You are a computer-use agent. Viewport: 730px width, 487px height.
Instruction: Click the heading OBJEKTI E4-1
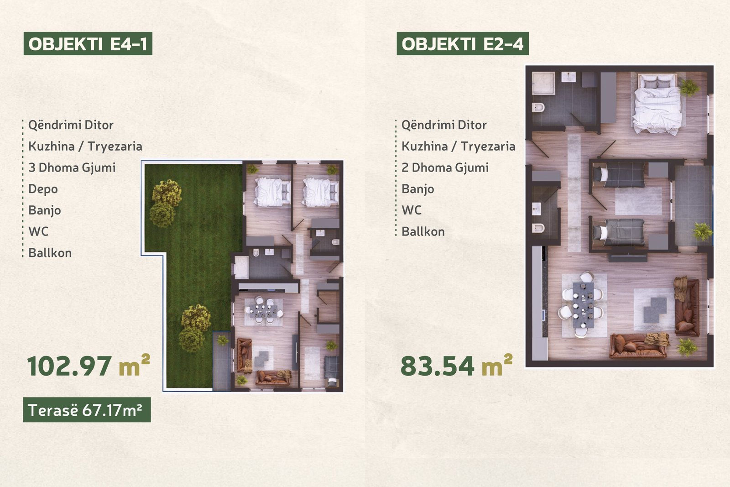tap(88, 43)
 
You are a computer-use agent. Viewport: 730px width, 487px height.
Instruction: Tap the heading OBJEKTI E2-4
tap(463, 43)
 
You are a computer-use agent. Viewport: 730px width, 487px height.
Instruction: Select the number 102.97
tap(69, 367)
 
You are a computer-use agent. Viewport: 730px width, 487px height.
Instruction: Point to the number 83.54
tap(438, 367)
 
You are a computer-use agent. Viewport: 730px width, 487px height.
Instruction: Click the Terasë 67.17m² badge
tap(87, 410)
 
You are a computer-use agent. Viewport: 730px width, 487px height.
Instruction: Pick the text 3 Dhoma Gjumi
tap(72, 168)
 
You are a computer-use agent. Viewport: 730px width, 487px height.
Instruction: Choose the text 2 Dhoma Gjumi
tap(445, 168)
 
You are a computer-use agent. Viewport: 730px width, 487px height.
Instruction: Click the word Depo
tap(43, 189)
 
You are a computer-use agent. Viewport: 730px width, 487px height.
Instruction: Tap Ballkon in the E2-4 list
tap(423, 231)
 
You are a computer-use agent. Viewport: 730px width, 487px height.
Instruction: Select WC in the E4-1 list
tap(38, 231)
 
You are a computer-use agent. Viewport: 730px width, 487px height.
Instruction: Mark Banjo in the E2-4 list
tap(418, 189)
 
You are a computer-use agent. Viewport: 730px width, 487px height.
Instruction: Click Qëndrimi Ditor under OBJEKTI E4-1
tap(71, 125)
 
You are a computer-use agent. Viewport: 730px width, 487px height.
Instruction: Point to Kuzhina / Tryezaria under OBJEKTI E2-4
tap(459, 147)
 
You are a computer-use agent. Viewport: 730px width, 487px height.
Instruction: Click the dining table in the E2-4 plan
tap(583, 305)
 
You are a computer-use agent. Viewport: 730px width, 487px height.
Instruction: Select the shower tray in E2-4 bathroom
tap(543, 84)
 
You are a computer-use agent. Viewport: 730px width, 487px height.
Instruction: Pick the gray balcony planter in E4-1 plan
tap(222, 361)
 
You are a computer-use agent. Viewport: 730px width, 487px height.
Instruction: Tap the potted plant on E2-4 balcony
tap(702, 231)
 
